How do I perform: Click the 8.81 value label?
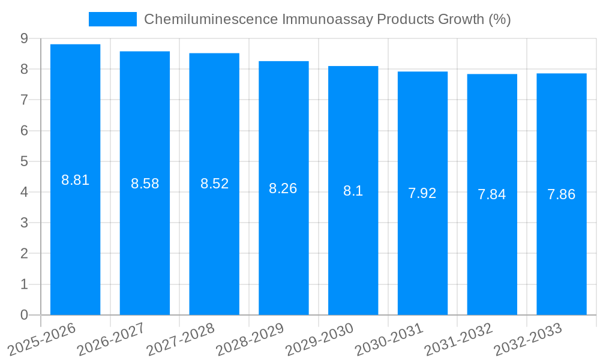click(x=76, y=180)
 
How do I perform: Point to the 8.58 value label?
click(x=145, y=184)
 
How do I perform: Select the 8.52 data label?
click(x=214, y=184)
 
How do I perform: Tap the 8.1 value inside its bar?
click(x=353, y=191)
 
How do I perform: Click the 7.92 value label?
click(x=422, y=193)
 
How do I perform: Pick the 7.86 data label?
click(x=561, y=194)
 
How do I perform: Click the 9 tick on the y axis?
click(x=24, y=38)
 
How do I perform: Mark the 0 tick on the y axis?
click(x=24, y=315)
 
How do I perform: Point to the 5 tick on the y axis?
click(x=24, y=161)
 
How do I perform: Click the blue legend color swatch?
click(x=113, y=19)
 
